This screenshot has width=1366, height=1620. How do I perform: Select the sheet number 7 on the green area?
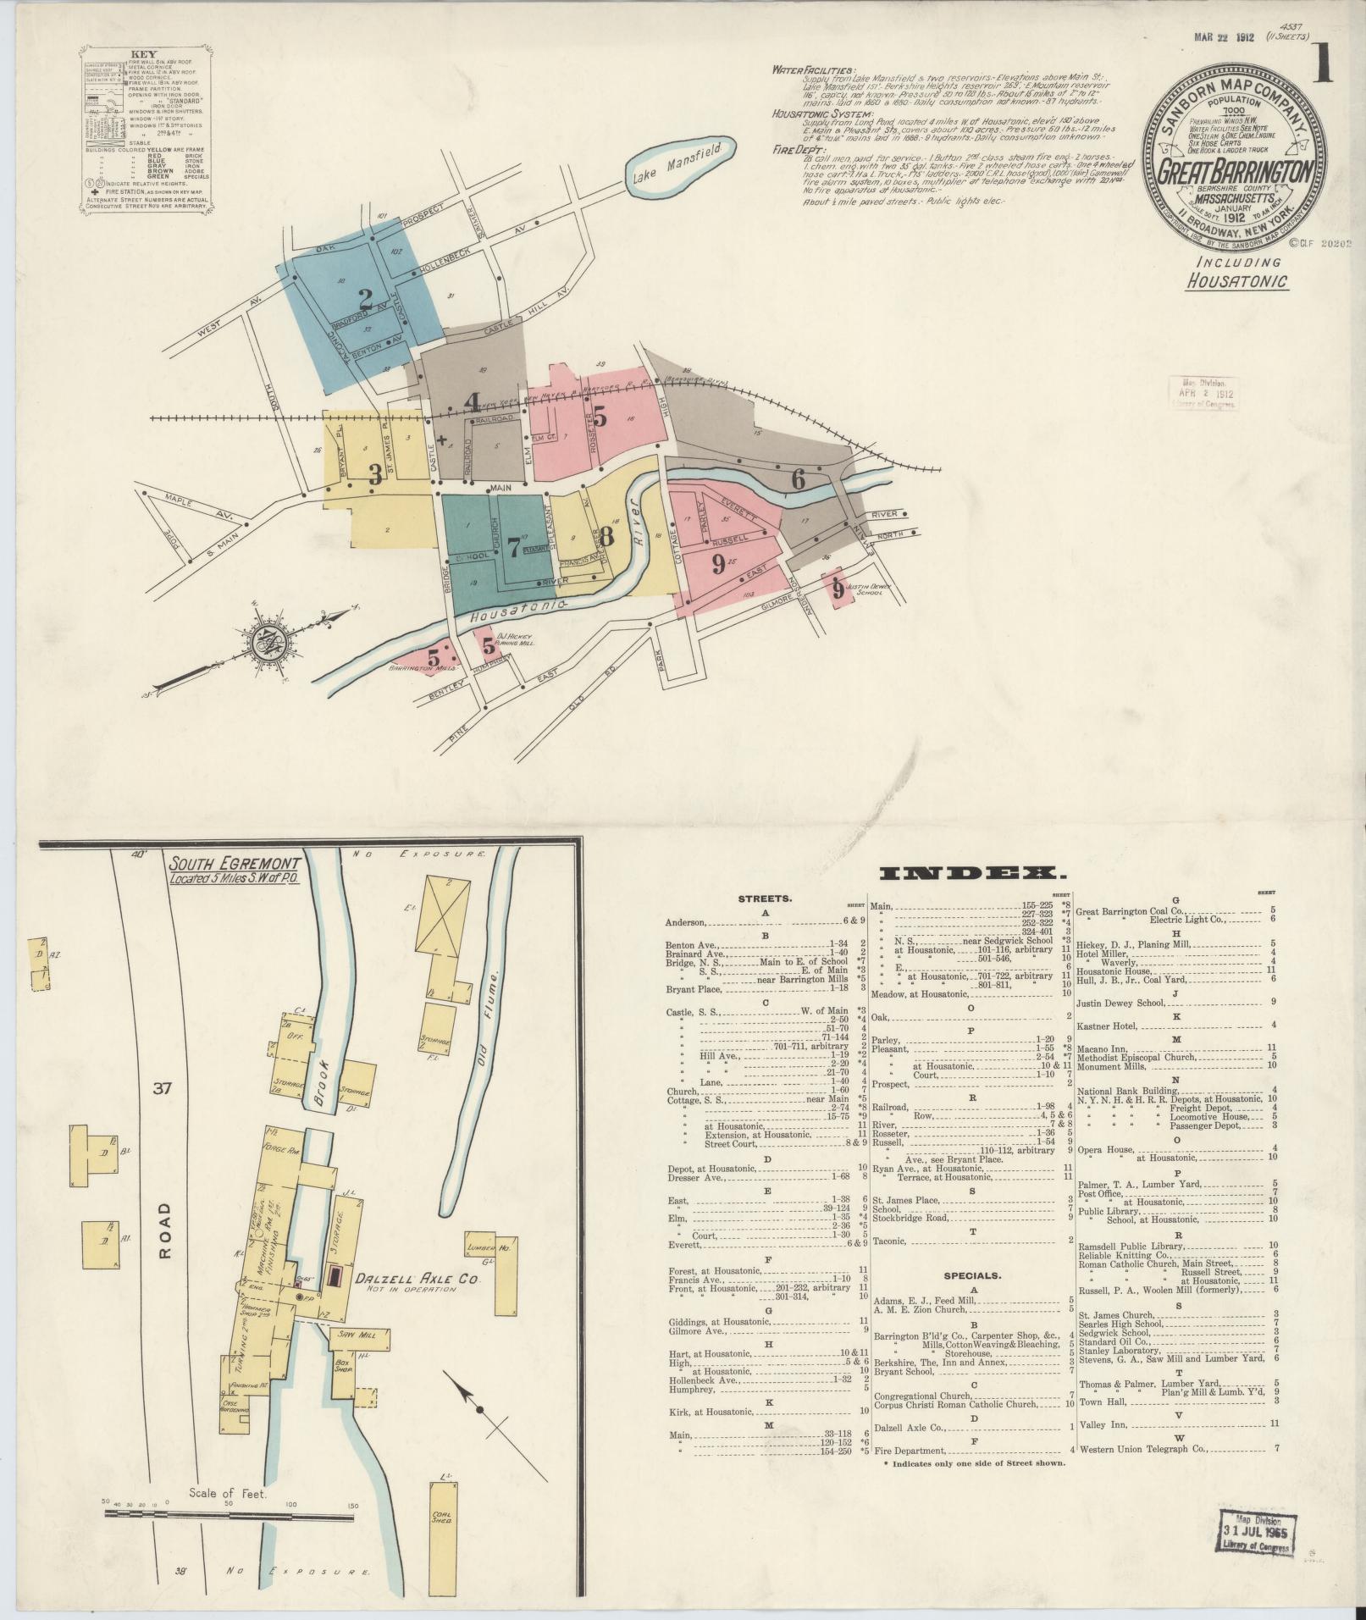tap(512, 547)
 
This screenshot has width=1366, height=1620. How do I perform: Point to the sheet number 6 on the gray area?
tap(797, 479)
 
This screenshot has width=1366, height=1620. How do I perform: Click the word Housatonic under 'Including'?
tap(1236, 280)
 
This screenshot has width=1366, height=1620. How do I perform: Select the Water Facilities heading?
tap(813, 71)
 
